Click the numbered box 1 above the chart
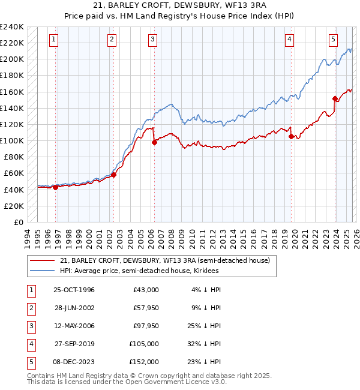tap(53, 40)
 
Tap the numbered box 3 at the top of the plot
tap(152, 40)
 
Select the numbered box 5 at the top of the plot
tap(333, 40)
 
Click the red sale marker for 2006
tap(154, 142)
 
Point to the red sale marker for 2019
tap(292, 136)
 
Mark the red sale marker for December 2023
tap(335, 98)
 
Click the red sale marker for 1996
tap(56, 187)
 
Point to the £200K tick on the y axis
tap(11, 59)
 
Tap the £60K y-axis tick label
tap(13, 173)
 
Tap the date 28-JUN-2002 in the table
tap(74, 308)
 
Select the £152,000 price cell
tap(145, 362)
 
